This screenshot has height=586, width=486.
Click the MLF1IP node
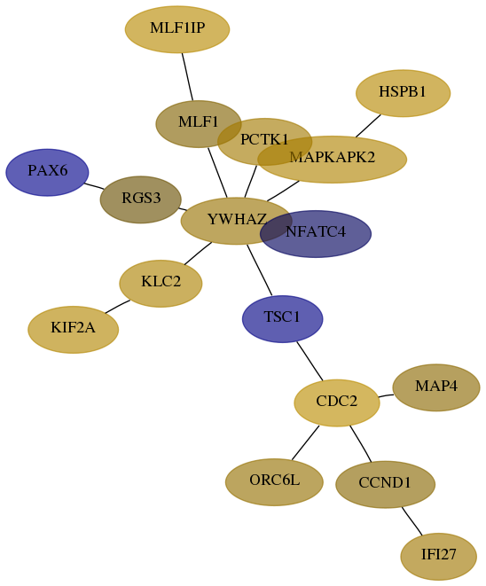(177, 29)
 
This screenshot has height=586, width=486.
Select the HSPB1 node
(403, 93)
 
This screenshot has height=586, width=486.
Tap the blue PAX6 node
(47, 172)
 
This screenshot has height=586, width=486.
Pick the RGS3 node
(140, 199)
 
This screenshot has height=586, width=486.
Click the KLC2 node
(161, 284)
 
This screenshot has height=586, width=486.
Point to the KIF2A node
(74, 330)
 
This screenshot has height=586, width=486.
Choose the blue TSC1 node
(282, 319)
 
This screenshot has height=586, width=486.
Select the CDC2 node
(337, 402)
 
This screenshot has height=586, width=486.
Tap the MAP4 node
(436, 387)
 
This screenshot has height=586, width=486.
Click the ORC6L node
(274, 482)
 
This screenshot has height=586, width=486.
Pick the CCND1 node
(386, 484)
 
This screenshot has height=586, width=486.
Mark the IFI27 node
(438, 557)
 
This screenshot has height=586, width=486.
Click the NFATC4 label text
(316, 232)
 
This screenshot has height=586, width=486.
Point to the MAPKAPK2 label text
(332, 157)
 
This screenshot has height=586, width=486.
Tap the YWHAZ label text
(237, 219)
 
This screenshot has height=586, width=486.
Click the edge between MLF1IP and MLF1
(187, 77)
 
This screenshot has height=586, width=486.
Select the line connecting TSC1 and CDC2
(310, 361)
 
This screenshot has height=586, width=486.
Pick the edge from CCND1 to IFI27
(412, 521)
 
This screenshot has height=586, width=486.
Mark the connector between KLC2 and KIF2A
(117, 307)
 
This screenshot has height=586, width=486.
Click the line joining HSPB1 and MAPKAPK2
(368, 126)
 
